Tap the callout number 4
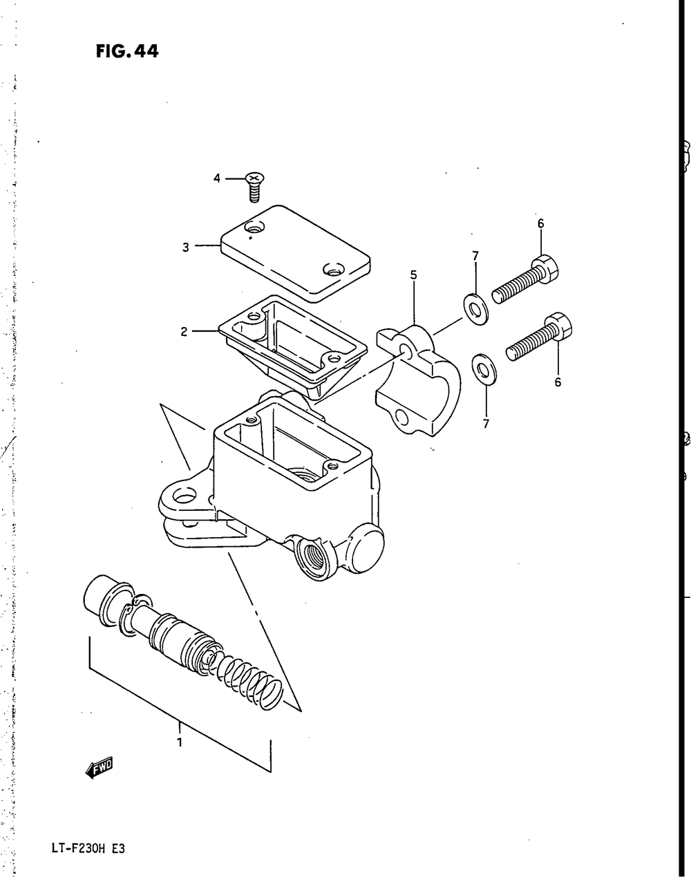point(216,178)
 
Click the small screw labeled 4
point(254,186)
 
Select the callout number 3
point(186,247)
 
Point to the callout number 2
point(184,332)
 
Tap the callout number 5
point(413,275)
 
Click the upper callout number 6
point(540,223)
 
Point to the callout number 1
point(179,743)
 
